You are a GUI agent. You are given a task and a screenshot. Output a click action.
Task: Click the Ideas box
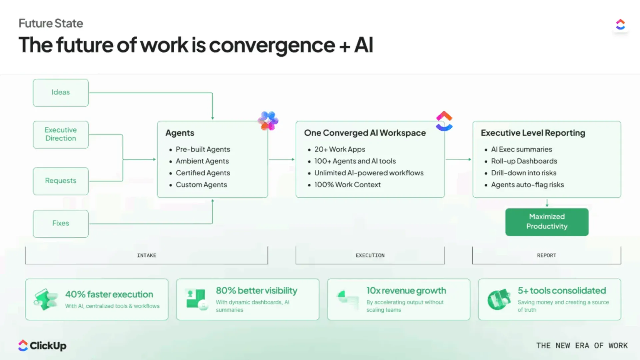[61, 93]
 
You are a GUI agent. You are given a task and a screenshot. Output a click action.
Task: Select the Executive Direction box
[61, 134]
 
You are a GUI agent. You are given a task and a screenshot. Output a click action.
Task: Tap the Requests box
[61, 181]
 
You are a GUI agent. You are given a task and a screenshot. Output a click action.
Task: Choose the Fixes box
[61, 224]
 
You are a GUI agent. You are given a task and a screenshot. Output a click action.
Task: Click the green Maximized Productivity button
[547, 222]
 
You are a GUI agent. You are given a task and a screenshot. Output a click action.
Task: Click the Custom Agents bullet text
[201, 185]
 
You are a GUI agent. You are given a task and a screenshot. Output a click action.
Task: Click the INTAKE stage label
[147, 255]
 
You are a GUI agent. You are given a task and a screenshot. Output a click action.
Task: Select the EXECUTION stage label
[370, 255]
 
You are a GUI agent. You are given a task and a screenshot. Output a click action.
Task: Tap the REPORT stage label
[547, 255]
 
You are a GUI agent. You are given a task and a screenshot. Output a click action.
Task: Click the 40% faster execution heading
[109, 294]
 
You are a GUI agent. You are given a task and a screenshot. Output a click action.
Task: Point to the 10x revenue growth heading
[406, 291]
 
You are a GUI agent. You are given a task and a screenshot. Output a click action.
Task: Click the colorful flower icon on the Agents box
[268, 121]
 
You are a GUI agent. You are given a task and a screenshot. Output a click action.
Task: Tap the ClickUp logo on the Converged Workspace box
[444, 121]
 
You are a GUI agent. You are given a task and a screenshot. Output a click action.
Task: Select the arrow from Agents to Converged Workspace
[282, 159]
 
